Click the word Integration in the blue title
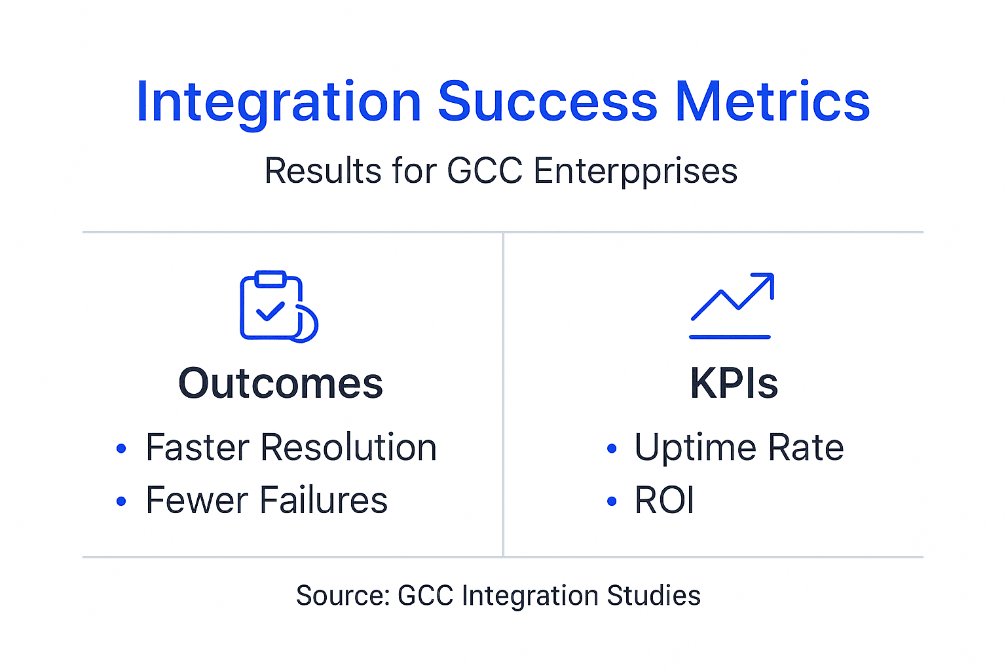(278, 102)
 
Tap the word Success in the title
(548, 102)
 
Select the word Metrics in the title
(772, 102)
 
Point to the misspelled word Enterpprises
(635, 171)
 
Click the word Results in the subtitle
(323, 171)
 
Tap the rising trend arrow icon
(732, 305)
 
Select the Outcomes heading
(280, 383)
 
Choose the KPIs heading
(734, 383)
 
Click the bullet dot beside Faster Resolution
(121, 449)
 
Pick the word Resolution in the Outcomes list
(348, 448)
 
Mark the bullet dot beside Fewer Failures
(121, 502)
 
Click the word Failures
(324, 501)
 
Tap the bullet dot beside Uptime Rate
(612, 449)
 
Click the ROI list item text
(664, 501)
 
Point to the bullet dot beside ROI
(612, 502)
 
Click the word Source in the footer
(343, 596)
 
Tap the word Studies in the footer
(654, 596)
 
